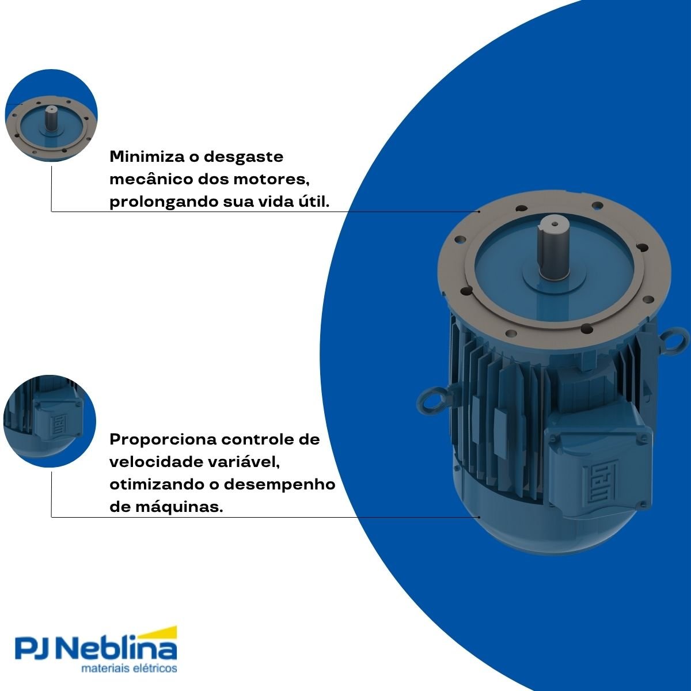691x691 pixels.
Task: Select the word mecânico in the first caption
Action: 150,179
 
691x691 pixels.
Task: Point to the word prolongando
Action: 163,203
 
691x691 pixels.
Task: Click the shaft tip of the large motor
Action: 552,224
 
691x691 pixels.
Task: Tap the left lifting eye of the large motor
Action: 432,401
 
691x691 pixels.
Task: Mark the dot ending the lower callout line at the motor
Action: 479,517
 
